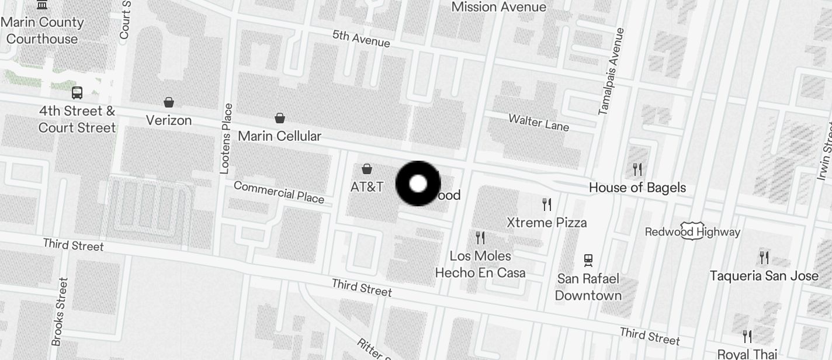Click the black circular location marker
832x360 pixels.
tap(418, 184)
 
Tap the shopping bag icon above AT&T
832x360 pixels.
tap(367, 169)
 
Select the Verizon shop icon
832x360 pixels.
tap(169, 103)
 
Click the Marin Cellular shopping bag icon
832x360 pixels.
tap(280, 118)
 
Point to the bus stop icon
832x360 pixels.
tap(77, 92)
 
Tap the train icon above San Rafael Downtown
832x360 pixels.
tap(588, 260)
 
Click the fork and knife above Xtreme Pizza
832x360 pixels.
tap(547, 205)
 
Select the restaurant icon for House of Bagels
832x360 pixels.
tap(637, 169)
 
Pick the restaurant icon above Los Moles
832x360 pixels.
tap(480, 238)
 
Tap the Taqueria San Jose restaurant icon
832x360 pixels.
tap(764, 257)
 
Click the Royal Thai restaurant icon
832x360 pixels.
tap(747, 337)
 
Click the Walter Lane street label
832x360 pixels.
tap(539, 122)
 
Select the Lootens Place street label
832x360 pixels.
tap(226, 139)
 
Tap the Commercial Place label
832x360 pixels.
tap(279, 192)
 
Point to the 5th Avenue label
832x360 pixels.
tap(361, 39)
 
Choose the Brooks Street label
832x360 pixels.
tap(60, 311)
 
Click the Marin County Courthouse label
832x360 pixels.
tap(42, 30)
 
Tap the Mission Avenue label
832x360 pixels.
tap(499, 7)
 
